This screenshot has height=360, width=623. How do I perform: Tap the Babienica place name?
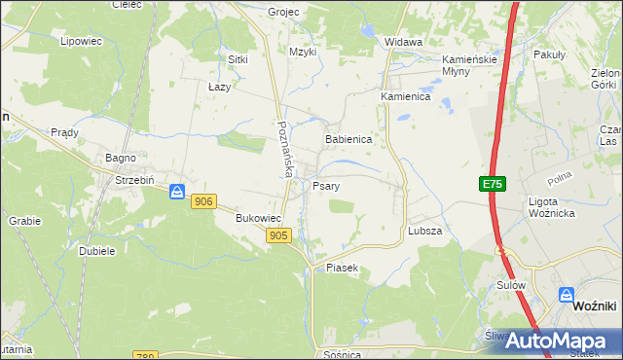pos(348,139)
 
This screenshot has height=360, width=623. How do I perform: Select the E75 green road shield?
pos(493,184)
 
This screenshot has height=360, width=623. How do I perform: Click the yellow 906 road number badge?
pos(202,200)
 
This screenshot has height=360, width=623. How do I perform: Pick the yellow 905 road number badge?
pos(278,235)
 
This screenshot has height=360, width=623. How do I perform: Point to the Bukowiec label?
pos(259,219)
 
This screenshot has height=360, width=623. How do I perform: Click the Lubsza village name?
pos(425,231)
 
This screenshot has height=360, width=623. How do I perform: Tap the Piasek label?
pos(343,267)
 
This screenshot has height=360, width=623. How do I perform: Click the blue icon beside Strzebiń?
pos(177,192)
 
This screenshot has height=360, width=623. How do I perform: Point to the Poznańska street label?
pos(284,148)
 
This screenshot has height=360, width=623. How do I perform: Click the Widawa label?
pos(403,42)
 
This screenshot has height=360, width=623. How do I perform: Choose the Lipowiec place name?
pos(81,41)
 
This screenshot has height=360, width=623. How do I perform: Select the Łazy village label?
pos(219,87)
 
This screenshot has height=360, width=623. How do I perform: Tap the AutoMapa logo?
pos(556,341)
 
